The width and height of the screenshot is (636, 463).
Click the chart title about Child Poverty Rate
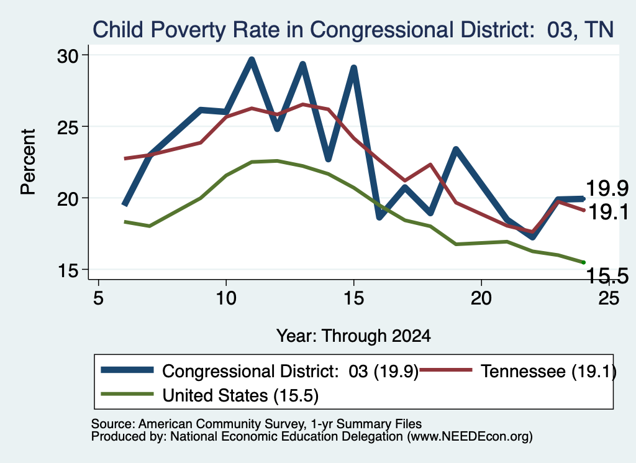(x=353, y=30)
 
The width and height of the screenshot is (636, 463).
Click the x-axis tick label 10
(x=226, y=298)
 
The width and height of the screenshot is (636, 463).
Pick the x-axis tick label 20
(x=481, y=298)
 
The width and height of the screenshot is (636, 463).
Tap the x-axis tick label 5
(x=98, y=298)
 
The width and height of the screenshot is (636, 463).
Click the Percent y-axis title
(x=28, y=162)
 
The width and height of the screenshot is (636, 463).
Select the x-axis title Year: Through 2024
(x=353, y=336)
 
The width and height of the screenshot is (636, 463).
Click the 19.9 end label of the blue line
(x=607, y=188)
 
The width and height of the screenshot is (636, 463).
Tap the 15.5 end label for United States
(x=607, y=276)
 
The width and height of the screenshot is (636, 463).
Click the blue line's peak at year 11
(x=252, y=60)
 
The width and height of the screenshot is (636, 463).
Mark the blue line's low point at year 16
(x=379, y=218)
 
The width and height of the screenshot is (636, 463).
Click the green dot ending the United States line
(x=584, y=262)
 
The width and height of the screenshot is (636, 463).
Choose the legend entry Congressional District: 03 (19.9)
(x=260, y=371)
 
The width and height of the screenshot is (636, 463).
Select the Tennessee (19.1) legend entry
(x=517, y=371)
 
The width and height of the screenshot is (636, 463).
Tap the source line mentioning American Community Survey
(x=257, y=424)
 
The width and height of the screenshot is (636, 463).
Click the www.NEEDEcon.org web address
(x=470, y=436)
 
